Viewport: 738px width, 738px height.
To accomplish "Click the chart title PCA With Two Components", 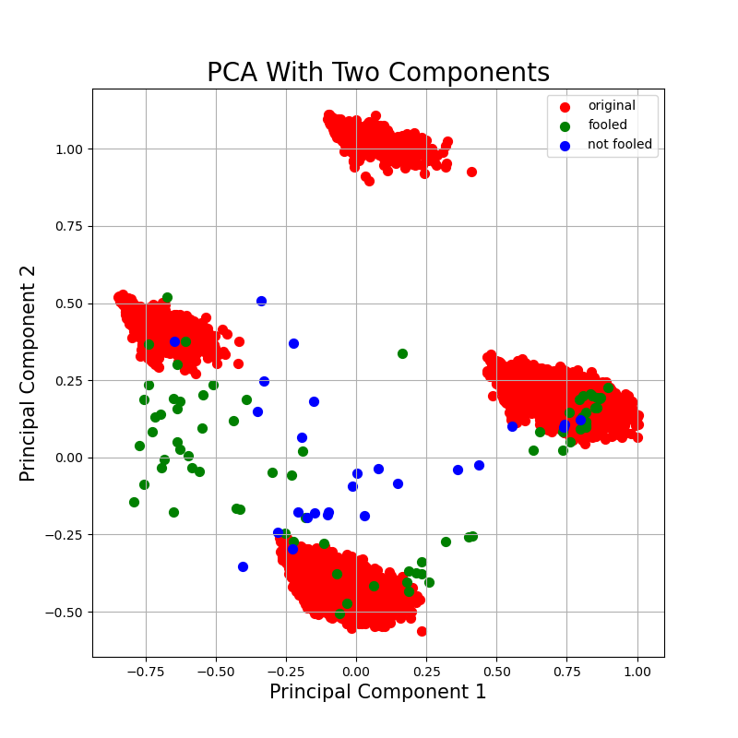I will point(377,73).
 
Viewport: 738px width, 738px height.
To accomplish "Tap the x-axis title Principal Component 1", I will point(377,692).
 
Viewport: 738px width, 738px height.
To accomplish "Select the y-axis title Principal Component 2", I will point(29,373).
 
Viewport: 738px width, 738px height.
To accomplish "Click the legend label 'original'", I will point(611,106).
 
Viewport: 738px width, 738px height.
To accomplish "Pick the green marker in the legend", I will point(565,125).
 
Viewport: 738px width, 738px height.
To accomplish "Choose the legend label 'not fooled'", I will point(619,145).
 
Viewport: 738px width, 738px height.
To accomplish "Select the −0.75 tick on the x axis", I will point(145,673).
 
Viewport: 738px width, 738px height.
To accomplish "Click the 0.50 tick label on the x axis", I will point(496,673).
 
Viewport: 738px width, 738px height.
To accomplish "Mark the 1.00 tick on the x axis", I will point(637,673).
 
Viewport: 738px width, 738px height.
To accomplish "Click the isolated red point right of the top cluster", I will point(471,172).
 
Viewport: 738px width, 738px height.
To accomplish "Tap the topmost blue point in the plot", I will point(261,301).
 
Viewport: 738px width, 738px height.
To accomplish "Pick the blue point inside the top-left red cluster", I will point(174,341).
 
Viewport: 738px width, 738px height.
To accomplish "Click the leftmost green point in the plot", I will point(134,502).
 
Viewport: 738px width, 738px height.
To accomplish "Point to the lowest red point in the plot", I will point(422,631).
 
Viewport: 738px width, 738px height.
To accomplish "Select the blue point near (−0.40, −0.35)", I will point(243,566).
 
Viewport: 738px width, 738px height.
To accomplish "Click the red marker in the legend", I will point(565,106).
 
